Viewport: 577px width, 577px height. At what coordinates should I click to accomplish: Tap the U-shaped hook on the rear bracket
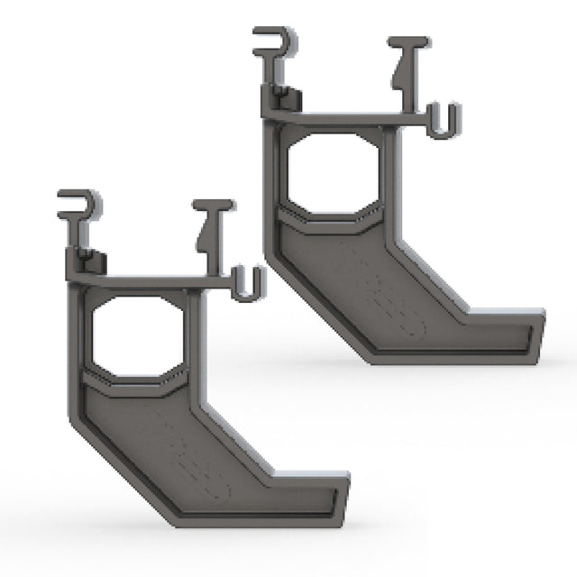point(442,121)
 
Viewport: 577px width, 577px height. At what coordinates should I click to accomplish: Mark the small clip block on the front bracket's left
point(87,264)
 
